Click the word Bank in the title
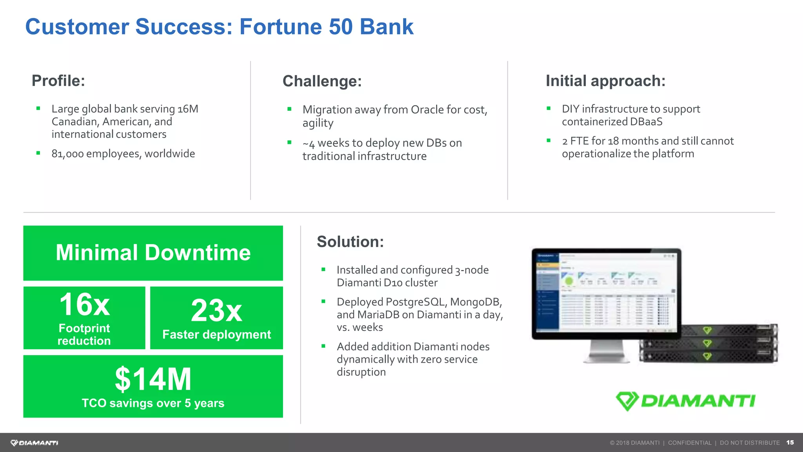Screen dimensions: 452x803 tap(386, 27)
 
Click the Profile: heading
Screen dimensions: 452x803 tap(58, 81)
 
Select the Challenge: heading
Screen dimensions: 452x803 tap(322, 81)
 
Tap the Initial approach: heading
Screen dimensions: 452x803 tap(605, 81)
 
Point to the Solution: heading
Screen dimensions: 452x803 tap(350, 242)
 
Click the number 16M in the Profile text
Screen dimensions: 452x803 tap(188, 109)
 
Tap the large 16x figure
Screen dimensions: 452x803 tap(84, 304)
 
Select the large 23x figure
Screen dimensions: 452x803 tap(216, 310)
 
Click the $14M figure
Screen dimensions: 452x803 tap(153, 379)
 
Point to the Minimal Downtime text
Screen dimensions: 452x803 tap(153, 252)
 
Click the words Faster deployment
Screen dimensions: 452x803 tap(216, 334)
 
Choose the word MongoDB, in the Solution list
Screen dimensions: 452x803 tap(476, 302)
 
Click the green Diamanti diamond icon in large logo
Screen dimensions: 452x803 tap(627, 401)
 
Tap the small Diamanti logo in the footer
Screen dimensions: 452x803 tap(35, 443)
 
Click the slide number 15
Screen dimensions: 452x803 tap(790, 443)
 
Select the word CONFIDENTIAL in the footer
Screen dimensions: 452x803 tap(689, 443)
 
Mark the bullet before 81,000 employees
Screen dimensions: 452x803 tap(38, 153)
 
